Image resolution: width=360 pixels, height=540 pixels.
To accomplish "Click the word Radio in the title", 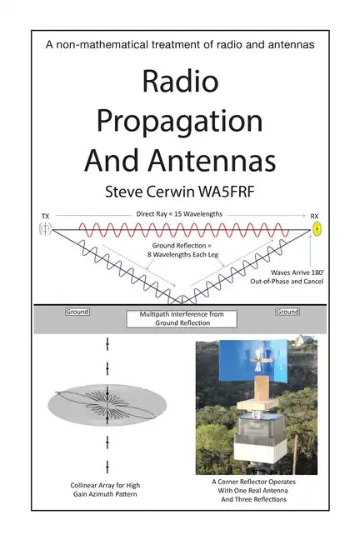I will coord(180,82).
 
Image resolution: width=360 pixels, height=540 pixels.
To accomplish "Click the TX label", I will coord(45,217).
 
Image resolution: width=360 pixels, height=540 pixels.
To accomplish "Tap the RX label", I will coord(315,217).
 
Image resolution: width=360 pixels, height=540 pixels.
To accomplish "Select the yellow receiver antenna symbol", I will coord(315,228).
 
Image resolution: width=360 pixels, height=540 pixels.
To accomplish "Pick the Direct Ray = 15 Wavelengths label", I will coord(179,215).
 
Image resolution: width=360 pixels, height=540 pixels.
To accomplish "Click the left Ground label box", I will coord(77,312).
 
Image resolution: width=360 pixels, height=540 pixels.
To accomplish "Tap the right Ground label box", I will coord(287,312).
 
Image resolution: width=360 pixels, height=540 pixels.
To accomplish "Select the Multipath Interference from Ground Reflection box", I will coord(181,317).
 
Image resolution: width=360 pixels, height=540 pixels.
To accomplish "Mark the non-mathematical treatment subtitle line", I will coord(180,44).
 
